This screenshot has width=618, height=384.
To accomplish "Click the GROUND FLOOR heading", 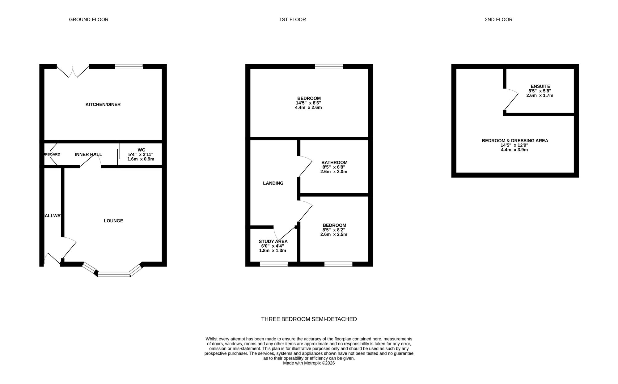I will (89, 19).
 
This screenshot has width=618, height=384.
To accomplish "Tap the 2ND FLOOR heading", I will (498, 19).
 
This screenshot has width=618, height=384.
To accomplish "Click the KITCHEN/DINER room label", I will (103, 105).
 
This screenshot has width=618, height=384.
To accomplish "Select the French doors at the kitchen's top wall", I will (73, 70).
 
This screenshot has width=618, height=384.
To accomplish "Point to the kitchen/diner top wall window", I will (129, 66).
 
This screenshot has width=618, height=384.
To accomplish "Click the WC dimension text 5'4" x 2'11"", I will (141, 154).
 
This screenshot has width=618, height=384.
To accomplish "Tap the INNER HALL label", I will (88, 154).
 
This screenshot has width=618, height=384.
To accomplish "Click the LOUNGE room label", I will (113, 221).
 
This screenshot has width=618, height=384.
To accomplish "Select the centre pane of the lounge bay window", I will (114, 274).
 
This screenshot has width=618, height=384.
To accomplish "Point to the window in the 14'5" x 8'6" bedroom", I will (329, 66).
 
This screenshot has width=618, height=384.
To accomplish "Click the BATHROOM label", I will (334, 162).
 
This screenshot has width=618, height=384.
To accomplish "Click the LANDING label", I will (273, 183).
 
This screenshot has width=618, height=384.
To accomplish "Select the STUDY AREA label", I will (273, 241).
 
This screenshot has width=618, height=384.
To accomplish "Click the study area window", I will (274, 264).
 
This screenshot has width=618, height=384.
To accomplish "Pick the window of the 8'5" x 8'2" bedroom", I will (338, 264).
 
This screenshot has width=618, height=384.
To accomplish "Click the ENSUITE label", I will (540, 86).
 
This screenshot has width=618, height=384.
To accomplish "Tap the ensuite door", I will (511, 100).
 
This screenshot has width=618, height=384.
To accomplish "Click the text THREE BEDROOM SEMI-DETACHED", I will (309, 319).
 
